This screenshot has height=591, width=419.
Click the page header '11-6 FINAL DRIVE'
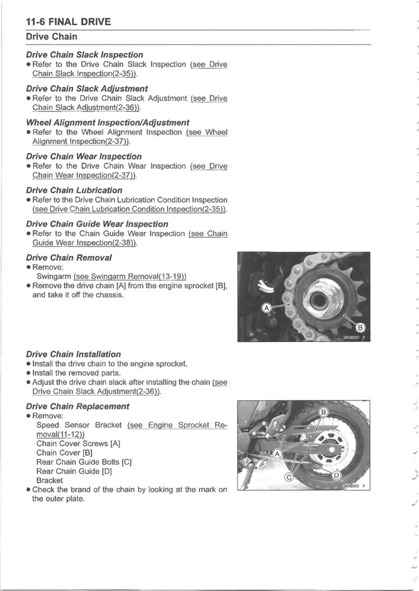coord(68,22)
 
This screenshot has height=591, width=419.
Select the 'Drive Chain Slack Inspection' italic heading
coord(84,55)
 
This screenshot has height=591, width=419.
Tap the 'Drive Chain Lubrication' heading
coord(74,191)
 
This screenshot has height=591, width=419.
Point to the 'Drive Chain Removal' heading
coord(69,258)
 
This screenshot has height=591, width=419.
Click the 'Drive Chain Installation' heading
coord(74,354)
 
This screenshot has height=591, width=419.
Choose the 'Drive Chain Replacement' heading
coord(78,406)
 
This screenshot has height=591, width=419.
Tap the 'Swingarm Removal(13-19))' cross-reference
coord(130,276)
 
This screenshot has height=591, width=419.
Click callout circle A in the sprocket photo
coord(266,308)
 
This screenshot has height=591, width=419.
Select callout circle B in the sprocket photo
coord(359,327)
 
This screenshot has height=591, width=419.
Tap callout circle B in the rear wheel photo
coord(323,411)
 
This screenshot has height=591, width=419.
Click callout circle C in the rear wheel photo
coord(289,477)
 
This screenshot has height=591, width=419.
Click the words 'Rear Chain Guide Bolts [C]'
coord(83,462)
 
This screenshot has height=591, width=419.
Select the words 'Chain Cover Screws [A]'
coord(78,443)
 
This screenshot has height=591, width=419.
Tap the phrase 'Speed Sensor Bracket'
coord(79,425)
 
